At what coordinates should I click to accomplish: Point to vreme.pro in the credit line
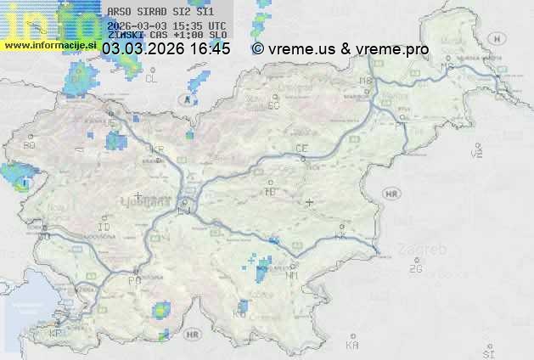pyautogui.click(x=391, y=49)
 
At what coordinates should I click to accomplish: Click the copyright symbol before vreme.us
pyautogui.click(x=258, y=49)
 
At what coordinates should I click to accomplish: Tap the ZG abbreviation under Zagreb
pyautogui.click(x=415, y=269)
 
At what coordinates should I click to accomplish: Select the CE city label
pyautogui.click(x=301, y=149)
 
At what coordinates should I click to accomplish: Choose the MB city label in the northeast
pyautogui.click(x=366, y=81)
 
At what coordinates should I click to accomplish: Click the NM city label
pyautogui.click(x=293, y=275)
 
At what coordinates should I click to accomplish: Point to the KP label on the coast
pyautogui.click(x=56, y=334)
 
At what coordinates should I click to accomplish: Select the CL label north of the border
pyautogui.click(x=151, y=79)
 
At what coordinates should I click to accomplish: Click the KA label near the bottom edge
pyautogui.click(x=352, y=346)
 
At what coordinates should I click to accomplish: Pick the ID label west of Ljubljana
pyautogui.click(x=104, y=228)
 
